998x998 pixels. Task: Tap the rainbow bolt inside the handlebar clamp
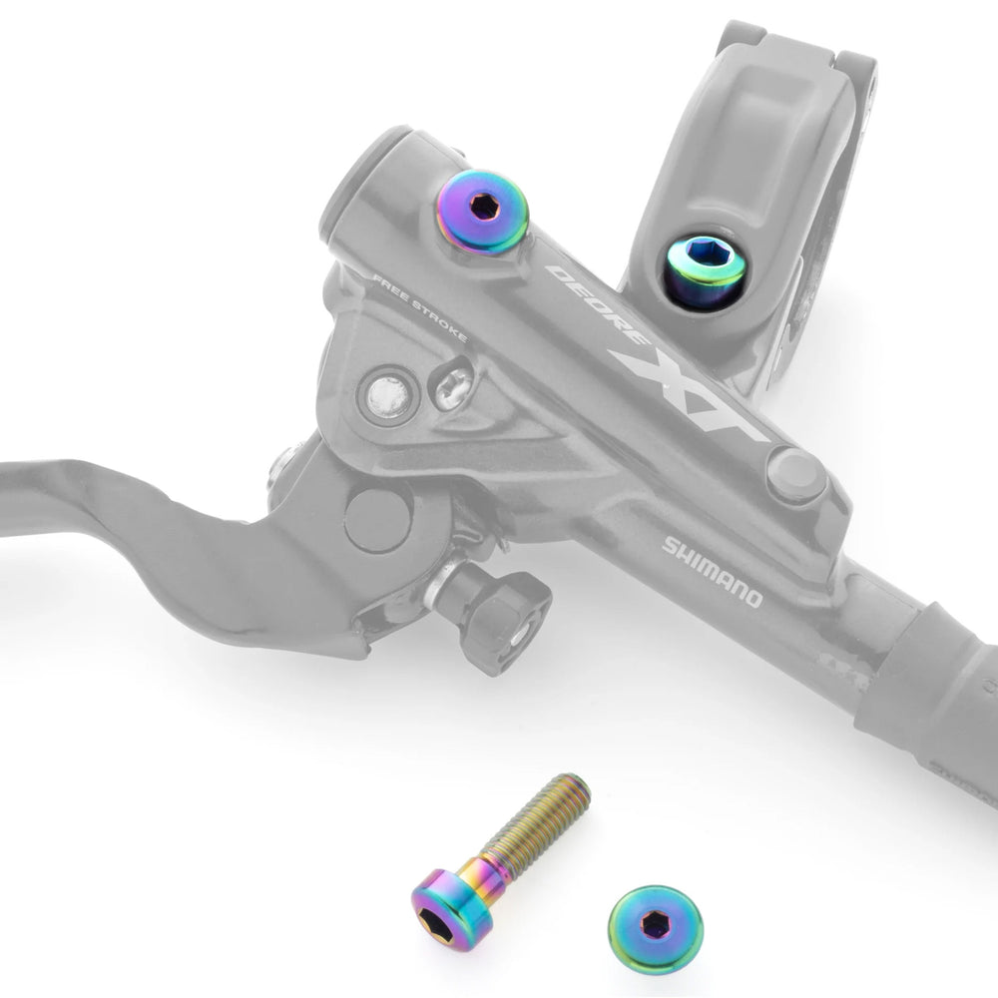click(705, 270)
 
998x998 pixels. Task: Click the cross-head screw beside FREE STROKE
click(452, 383)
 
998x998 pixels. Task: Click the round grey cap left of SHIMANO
click(795, 477)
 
